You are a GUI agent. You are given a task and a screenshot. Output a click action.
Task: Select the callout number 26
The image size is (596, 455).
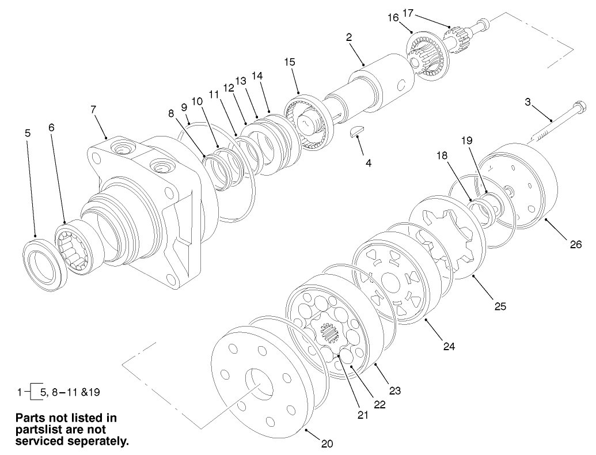point(575,245)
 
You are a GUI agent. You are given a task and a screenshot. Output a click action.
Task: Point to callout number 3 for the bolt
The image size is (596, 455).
point(527,103)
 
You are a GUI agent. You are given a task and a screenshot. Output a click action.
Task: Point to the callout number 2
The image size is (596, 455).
point(349,37)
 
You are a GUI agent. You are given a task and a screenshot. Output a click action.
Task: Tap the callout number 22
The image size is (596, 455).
point(379,404)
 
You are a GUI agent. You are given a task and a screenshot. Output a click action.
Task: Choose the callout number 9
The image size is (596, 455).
point(184,108)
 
